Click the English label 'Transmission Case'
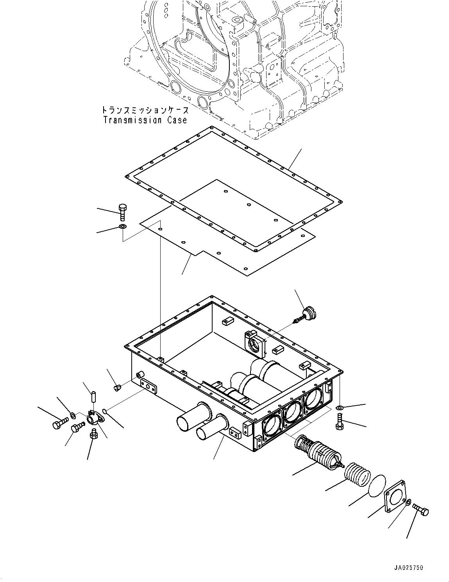[145, 120]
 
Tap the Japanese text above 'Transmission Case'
[145, 110]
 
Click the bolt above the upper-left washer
[122, 211]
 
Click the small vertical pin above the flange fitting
[94, 396]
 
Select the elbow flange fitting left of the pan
[94, 419]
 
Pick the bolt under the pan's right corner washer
[339, 422]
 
